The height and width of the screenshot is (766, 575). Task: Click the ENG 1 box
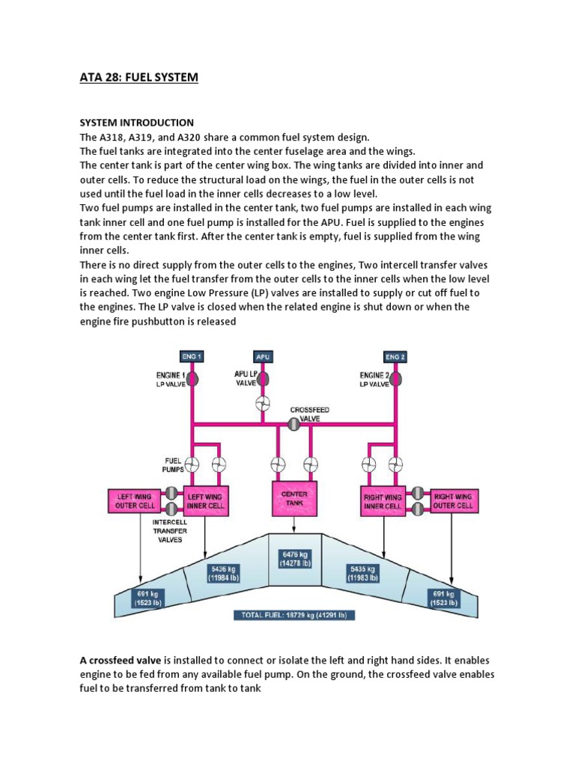190,357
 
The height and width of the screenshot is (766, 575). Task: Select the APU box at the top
263,357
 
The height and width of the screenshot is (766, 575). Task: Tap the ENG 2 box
395,357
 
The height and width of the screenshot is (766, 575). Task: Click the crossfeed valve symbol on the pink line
294,424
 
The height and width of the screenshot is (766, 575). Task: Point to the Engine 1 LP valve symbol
191,379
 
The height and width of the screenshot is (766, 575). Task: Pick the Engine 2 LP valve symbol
395,379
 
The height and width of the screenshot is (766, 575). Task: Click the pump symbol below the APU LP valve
263,405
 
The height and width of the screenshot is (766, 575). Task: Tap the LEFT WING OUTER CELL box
135,500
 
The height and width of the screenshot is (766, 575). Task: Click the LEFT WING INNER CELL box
204,500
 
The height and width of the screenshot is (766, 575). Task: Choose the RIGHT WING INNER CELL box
383,500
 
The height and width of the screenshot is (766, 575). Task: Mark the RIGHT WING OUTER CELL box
454,500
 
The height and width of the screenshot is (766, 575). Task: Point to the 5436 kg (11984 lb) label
228,572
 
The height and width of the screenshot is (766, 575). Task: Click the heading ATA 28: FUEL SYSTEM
139,77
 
